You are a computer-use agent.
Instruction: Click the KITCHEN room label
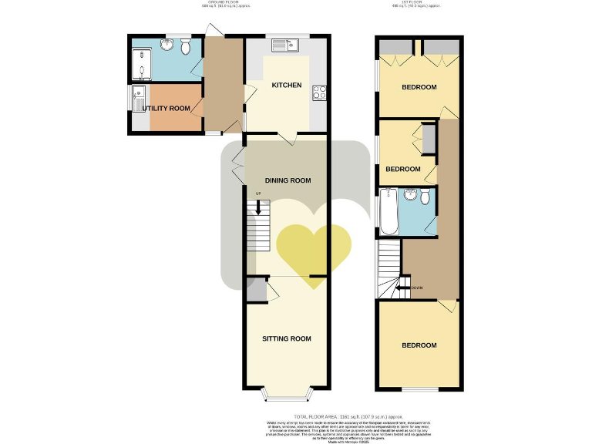285,86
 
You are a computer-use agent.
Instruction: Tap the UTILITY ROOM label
166,109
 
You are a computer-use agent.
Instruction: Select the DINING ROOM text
288,181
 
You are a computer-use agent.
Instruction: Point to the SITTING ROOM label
286,338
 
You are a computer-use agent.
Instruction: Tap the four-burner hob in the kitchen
318,94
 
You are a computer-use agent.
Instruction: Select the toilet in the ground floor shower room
185,48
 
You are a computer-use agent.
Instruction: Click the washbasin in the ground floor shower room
166,45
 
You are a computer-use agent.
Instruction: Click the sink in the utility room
139,98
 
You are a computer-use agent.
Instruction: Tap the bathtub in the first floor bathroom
388,213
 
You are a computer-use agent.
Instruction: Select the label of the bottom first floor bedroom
419,345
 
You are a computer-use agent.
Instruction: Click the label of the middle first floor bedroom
402,169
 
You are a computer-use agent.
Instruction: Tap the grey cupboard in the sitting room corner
256,290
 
